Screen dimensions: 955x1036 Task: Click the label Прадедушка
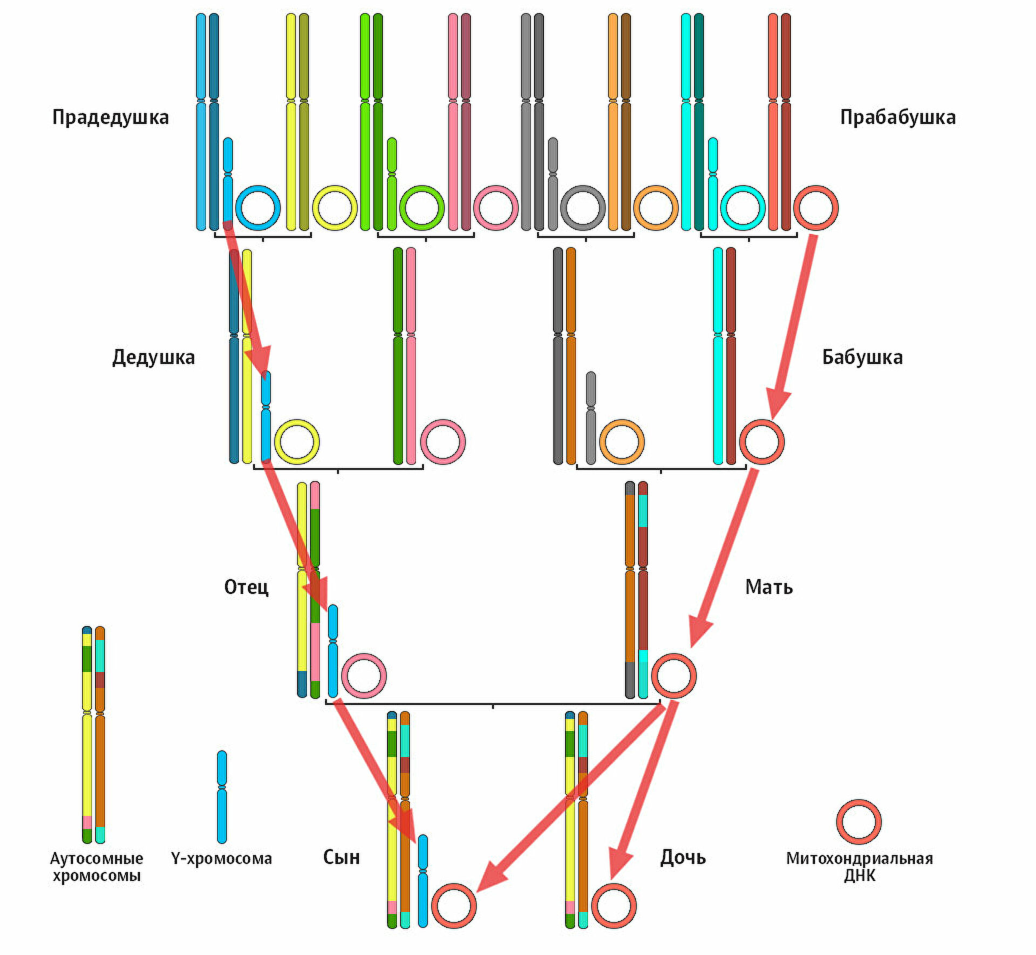(x=110, y=117)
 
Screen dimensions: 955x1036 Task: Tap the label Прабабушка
(x=897, y=117)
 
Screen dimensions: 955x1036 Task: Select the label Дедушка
(x=153, y=357)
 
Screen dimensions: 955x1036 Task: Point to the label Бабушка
(x=862, y=357)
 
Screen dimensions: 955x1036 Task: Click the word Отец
(x=246, y=586)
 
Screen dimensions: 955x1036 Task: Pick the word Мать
(x=768, y=586)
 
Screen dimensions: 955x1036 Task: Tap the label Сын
(x=341, y=857)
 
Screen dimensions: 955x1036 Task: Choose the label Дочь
(x=683, y=857)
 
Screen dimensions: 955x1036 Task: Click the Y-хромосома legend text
(x=221, y=858)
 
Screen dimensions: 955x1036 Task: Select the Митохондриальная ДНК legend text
(x=859, y=867)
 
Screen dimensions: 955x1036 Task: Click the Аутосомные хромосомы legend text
(x=96, y=867)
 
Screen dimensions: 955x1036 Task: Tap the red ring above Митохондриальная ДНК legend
(x=858, y=822)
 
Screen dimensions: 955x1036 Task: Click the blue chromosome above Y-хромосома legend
(x=222, y=796)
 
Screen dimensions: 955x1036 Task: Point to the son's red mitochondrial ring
(x=454, y=906)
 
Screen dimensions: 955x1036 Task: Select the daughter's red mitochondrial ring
(x=614, y=906)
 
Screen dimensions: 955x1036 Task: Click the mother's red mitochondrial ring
(x=674, y=676)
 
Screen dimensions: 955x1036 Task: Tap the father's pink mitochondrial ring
(x=364, y=676)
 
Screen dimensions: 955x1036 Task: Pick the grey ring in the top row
(x=583, y=208)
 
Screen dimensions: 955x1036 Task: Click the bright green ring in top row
(x=422, y=208)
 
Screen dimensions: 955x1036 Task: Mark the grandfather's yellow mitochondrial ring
(x=297, y=441)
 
